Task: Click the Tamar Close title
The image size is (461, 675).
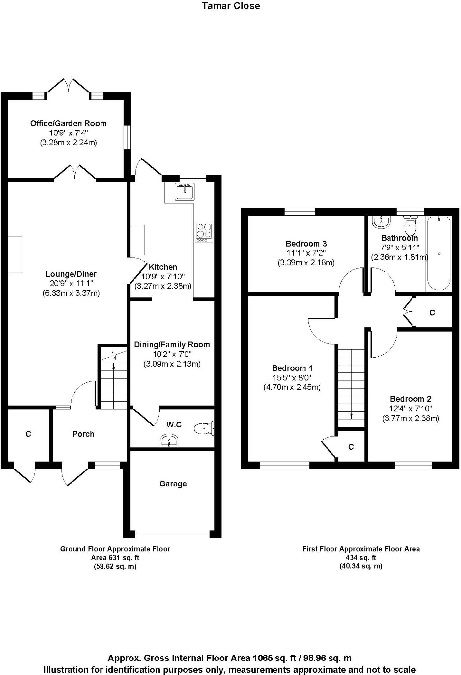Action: [x=231, y=6]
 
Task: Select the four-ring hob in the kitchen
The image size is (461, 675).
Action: [x=204, y=232]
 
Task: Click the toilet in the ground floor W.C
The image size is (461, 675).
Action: [x=204, y=428]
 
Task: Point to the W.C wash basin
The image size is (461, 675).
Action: [x=169, y=441]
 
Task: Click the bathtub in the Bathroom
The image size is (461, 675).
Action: [x=439, y=253]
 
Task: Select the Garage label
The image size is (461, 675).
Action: [x=173, y=484]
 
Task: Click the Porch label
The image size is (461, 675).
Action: [x=83, y=434]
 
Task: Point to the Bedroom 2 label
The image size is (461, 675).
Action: [x=411, y=399]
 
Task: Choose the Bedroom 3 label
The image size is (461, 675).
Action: [x=306, y=244]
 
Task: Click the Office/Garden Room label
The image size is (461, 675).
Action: [x=68, y=123]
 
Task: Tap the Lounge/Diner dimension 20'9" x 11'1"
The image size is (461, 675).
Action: [x=70, y=283]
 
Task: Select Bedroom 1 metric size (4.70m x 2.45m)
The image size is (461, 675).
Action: [x=292, y=387]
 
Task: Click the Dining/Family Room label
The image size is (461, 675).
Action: [x=172, y=345]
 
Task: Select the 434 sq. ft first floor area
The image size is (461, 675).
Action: [x=361, y=558]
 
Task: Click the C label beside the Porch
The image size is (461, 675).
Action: [x=28, y=434]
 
